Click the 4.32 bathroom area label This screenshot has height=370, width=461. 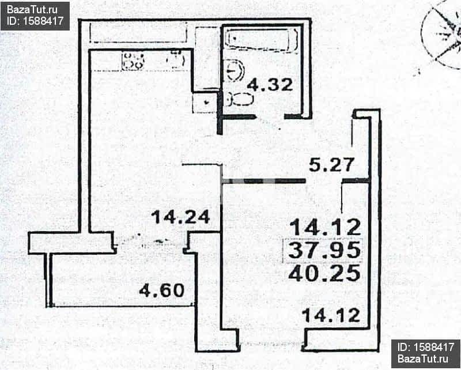tap(270, 85)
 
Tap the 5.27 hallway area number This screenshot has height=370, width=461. tap(331, 165)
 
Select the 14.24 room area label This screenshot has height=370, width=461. tap(180, 217)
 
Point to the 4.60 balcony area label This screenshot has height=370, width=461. tap(162, 290)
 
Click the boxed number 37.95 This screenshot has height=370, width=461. tap(324, 250)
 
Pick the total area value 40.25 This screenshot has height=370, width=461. tap(324, 273)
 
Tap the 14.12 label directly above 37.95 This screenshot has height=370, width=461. tap(326, 227)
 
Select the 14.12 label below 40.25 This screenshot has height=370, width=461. tap(331, 315)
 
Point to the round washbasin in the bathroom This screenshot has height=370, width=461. tap(235, 70)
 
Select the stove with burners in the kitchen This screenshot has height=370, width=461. tap(133, 61)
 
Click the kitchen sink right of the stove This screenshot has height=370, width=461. tap(176, 61)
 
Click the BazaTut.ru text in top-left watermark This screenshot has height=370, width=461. tap(32, 10)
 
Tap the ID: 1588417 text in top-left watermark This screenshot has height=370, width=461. tap(35, 21)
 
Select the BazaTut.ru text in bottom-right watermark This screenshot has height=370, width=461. tap(423, 358)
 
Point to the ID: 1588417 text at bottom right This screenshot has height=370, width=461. tap(426, 347)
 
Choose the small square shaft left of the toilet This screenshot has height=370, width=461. tap(206, 103)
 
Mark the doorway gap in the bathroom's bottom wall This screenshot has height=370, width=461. tap(270, 117)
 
